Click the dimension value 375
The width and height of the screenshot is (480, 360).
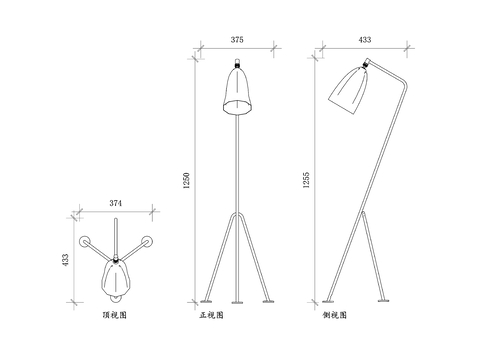click(237, 40)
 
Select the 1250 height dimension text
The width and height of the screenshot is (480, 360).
click(186, 181)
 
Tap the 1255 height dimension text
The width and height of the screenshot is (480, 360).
click(306, 180)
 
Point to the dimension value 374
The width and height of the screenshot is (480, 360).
click(116, 203)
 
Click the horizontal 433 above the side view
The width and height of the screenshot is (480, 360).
click(365, 40)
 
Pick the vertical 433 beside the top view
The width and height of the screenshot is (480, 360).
click(65, 260)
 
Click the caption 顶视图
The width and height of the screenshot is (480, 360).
click(115, 315)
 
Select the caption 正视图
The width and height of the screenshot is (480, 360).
click(211, 315)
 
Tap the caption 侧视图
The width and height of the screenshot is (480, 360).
click(334, 315)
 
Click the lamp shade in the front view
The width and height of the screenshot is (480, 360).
click(237, 91)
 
